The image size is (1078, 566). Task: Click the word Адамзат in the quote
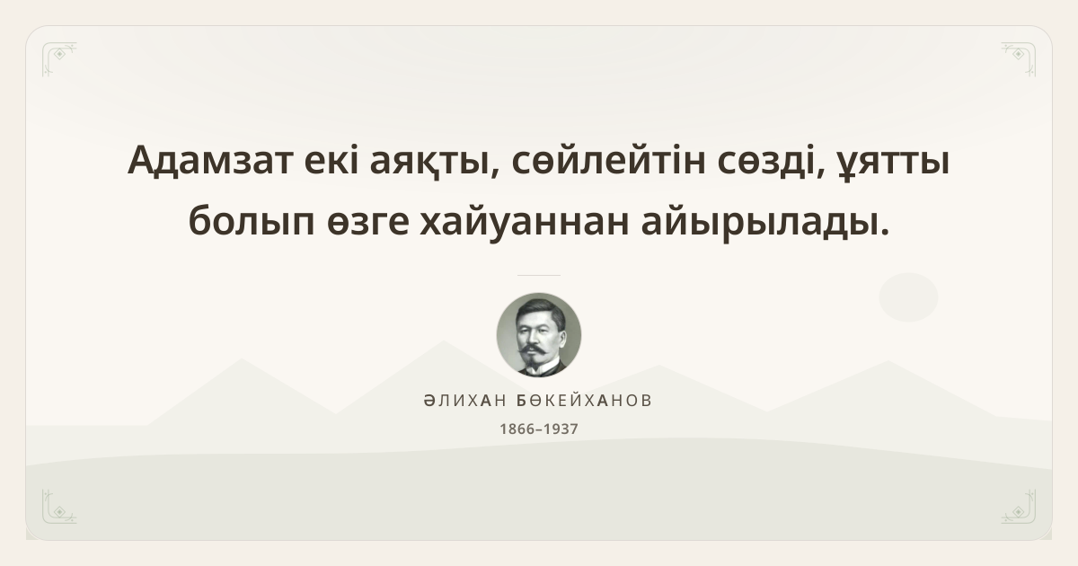(x=211, y=161)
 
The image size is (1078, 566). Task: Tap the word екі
(x=331, y=159)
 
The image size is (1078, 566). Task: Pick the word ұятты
(x=892, y=164)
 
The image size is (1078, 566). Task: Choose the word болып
(x=252, y=220)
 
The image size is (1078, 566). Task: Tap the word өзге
(x=368, y=223)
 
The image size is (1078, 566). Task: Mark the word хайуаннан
(x=525, y=222)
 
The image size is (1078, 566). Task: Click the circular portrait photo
(x=539, y=335)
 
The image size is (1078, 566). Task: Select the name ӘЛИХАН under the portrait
(x=465, y=401)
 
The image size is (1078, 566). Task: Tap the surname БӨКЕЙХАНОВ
(x=584, y=401)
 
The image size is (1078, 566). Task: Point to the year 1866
(x=517, y=429)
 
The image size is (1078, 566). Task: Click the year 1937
(x=561, y=429)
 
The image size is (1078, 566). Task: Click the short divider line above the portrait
(x=539, y=275)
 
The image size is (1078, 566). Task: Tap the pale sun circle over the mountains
(x=908, y=297)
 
